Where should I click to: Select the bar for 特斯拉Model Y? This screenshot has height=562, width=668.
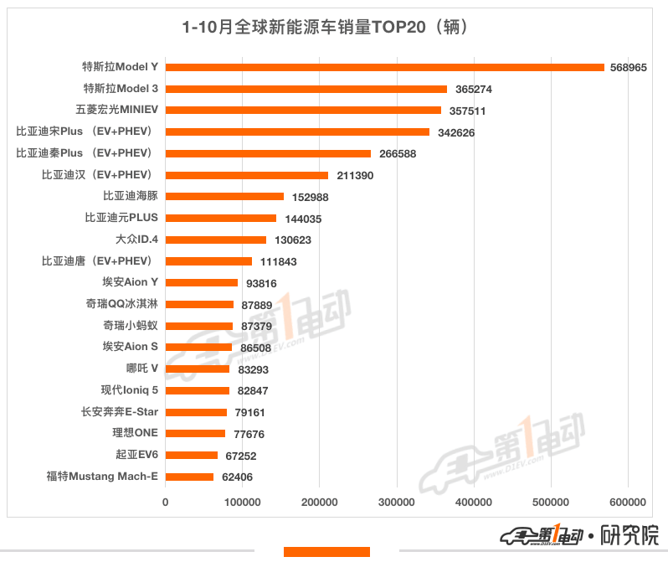(x=384, y=67)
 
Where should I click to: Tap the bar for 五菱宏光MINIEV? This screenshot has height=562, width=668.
(x=303, y=110)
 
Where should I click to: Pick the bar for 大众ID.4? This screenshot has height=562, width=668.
(x=215, y=240)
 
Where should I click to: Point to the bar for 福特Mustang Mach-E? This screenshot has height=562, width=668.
(x=189, y=477)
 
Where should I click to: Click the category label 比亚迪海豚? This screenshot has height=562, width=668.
(x=131, y=196)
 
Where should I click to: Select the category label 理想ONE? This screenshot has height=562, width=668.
(x=135, y=433)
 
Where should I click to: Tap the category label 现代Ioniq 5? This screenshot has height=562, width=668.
(x=129, y=390)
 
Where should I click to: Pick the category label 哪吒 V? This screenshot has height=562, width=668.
(x=136, y=369)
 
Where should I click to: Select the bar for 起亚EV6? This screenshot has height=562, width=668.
(x=192, y=455)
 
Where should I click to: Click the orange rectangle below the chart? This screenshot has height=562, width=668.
(x=326, y=552)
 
